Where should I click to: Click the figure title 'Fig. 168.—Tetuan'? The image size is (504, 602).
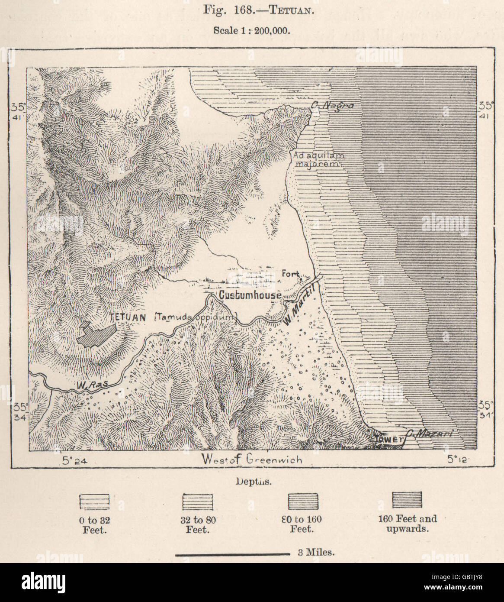pos(252,10)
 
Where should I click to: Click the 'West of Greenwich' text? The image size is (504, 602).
pos(252,460)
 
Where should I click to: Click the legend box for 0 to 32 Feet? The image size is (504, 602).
pos(94,502)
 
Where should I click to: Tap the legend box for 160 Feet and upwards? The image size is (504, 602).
pos(407,500)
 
